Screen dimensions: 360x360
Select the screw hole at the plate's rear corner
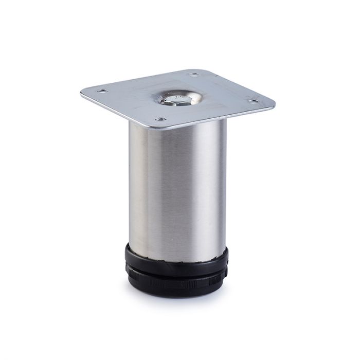click(x=194, y=75)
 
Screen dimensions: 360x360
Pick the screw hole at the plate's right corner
click(x=253, y=102)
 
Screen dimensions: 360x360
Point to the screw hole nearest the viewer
click(x=160, y=119)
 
